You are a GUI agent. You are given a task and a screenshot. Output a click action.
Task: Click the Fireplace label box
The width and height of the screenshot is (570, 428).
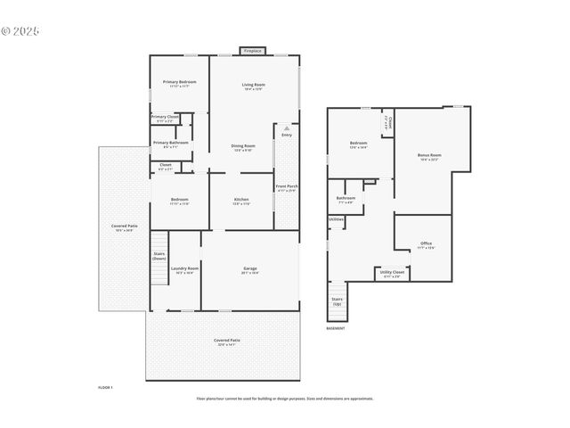[x=253, y=51]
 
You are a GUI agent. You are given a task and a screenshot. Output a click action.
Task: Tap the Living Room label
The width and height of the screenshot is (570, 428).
[x=253, y=86]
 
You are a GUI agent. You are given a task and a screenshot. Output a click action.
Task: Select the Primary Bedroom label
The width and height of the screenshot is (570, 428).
[x=179, y=84]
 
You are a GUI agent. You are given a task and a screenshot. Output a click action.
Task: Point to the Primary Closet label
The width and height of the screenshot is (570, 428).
[x=165, y=119]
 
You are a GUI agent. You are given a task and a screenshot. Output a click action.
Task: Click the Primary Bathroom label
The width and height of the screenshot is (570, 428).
[x=170, y=144]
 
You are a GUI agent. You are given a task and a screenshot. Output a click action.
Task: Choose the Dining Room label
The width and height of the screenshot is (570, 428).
[x=243, y=148]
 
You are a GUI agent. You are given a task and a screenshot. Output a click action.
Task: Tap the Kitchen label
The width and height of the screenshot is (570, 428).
[x=240, y=201]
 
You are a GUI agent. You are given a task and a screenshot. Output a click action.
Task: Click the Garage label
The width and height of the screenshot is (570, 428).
[x=250, y=270]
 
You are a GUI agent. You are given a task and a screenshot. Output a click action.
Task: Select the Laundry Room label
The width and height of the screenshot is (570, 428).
[x=184, y=270]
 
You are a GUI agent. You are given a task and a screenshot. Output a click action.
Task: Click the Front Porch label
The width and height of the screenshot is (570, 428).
[x=286, y=188]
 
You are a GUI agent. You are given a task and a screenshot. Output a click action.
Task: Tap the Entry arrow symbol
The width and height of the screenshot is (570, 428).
[x=287, y=129]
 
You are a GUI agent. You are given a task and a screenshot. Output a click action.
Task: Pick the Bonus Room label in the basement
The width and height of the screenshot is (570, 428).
[x=430, y=157]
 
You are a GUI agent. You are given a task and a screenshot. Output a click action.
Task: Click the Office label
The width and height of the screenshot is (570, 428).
[x=427, y=245]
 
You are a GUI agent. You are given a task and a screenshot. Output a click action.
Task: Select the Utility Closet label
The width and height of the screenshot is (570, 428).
[x=392, y=276]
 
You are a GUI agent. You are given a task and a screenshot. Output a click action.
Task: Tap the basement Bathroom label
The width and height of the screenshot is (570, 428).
[x=346, y=200]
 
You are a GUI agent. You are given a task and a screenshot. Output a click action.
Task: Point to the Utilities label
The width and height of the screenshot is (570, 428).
[x=336, y=218]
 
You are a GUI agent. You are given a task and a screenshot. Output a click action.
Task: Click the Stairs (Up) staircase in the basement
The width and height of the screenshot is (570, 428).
[x=338, y=302]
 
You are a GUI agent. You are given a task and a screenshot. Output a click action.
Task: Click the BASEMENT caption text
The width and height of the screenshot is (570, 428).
[x=335, y=328]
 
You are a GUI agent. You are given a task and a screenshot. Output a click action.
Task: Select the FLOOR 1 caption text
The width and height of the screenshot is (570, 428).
[x=105, y=388]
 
